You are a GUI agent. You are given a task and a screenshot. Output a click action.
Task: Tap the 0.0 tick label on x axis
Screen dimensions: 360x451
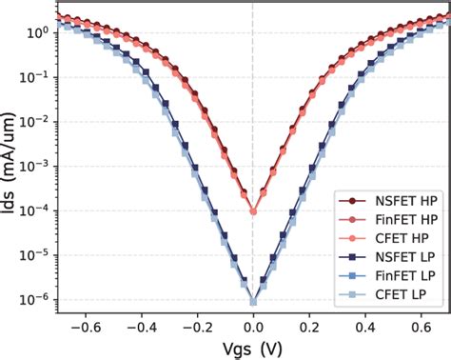coord(253,324)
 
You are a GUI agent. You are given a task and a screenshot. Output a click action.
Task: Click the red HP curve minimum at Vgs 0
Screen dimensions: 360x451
coord(253,211)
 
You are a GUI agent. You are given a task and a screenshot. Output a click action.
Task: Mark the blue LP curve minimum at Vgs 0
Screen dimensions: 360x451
coord(253,302)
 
